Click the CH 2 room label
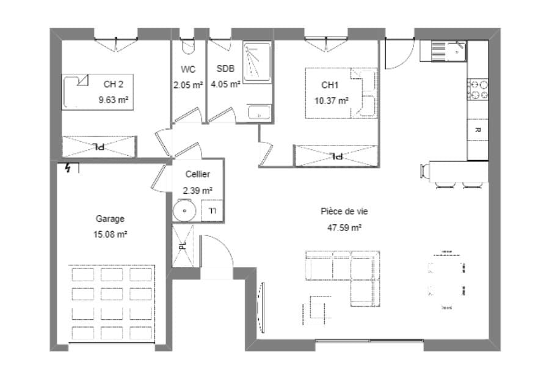(114, 84)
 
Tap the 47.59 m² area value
(344, 227)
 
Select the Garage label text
(110, 219)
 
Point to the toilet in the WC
(188, 46)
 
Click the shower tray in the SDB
(257, 62)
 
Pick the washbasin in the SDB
(260, 112)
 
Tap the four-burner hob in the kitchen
(478, 89)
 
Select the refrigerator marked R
(478, 130)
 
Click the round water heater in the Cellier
(184, 211)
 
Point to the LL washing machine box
(212, 211)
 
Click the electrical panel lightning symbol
(68, 168)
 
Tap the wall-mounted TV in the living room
(261, 307)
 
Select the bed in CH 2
(98, 92)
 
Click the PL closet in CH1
(336, 155)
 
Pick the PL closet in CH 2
(98, 146)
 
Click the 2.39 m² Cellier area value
(197, 191)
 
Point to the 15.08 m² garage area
(110, 234)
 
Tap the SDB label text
(225, 68)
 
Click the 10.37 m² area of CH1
(332, 101)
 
